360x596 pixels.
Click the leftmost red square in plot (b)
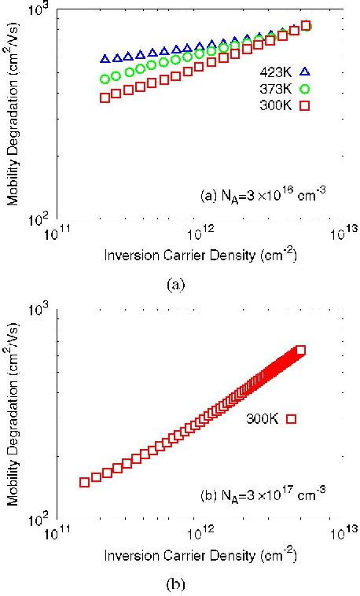(x=84, y=481)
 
